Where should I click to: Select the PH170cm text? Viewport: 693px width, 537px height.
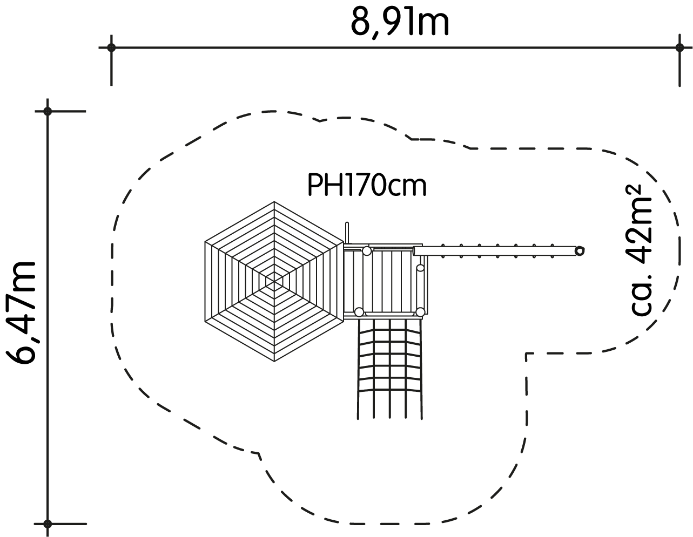coord(367,185)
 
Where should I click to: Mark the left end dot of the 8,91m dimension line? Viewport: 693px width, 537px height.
coord(111,48)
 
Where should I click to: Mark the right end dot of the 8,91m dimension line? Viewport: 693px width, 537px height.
coord(679,48)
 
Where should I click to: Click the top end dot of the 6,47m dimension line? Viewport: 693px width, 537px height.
coord(48,111)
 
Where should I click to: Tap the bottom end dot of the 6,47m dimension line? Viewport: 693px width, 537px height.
coord(48,524)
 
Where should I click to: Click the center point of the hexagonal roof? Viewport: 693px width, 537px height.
coord(274,282)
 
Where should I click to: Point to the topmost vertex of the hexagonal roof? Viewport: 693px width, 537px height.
coord(274,202)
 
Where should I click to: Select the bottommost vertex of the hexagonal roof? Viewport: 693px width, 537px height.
coord(274,362)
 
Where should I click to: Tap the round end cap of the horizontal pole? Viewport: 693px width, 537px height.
coord(580,251)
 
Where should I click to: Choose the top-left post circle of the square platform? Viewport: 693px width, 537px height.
coord(367,251)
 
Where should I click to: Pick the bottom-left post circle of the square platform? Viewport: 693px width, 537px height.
coord(359,312)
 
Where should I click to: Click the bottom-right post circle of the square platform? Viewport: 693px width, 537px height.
coord(420,312)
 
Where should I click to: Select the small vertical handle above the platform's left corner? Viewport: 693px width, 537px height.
coord(347,233)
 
